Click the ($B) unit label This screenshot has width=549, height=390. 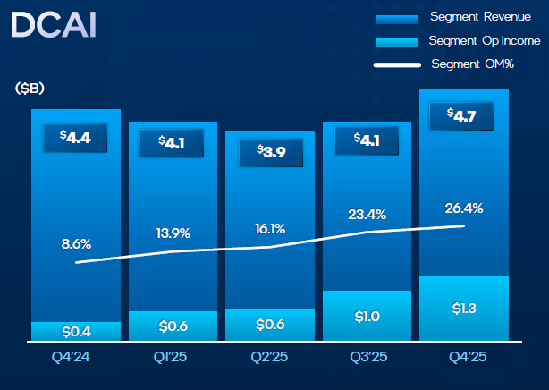(x=30, y=88)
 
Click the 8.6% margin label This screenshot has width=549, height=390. (x=76, y=242)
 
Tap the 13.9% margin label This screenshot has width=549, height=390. (x=173, y=232)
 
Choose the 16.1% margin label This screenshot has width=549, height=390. (x=269, y=228)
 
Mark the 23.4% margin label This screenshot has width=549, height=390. (x=367, y=215)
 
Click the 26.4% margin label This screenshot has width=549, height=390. (x=464, y=208)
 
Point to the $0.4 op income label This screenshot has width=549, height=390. (x=76, y=332)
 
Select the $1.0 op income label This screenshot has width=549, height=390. (x=367, y=316)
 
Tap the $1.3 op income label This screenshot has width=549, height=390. (x=464, y=309)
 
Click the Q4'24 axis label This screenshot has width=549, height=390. (x=76, y=360)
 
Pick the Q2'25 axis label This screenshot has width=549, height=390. (x=269, y=360)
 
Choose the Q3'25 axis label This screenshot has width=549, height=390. (x=367, y=360)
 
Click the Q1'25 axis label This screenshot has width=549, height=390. (x=173, y=360)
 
